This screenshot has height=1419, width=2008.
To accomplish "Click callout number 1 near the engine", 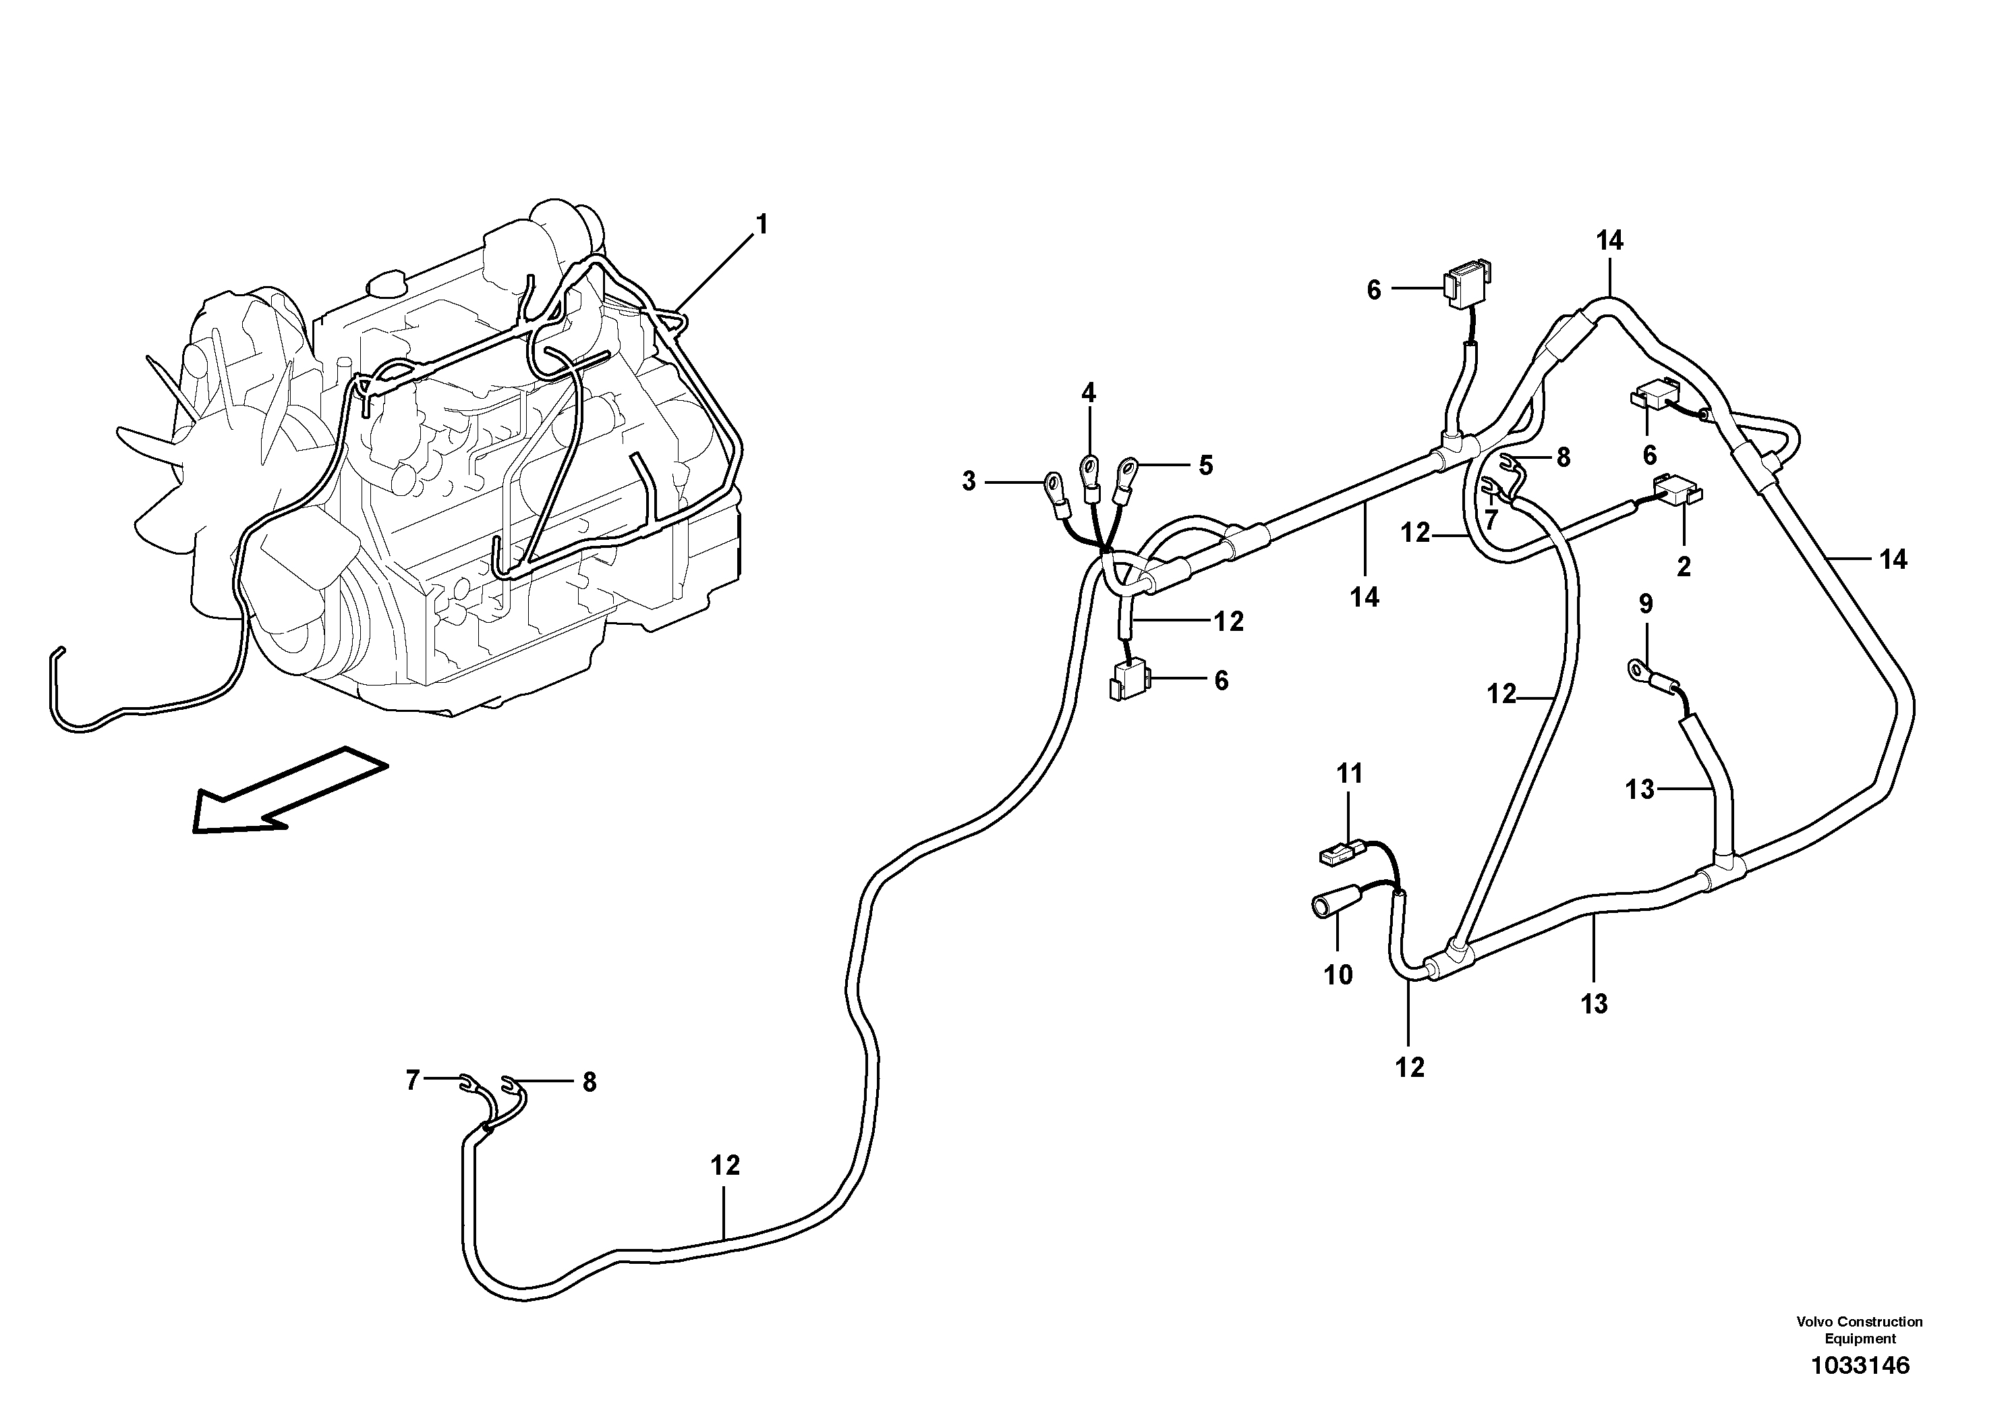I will (x=761, y=225).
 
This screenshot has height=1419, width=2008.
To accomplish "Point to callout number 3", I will (x=968, y=481).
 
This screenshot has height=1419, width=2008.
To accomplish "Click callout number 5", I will (x=1205, y=466).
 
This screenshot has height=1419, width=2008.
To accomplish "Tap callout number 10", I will (x=1338, y=974).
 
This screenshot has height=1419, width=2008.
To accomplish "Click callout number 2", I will (x=1684, y=566).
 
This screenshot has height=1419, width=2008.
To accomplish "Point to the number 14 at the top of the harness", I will (x=1609, y=241).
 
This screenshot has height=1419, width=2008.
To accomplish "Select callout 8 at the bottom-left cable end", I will (x=590, y=1083).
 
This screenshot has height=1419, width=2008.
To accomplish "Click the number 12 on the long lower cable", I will (x=725, y=1165).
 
